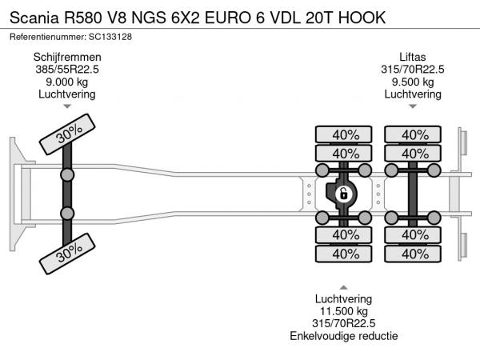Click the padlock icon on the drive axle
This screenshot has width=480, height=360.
point(343,194)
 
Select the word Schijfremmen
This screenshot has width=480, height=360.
point(66,57)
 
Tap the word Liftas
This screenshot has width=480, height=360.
point(414,57)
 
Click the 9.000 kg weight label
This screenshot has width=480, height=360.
point(66,82)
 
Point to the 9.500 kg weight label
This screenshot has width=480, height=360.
point(414,82)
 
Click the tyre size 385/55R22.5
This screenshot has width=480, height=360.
point(66,70)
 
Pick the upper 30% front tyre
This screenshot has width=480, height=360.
point(70,137)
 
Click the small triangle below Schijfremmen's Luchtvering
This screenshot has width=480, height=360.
point(66,106)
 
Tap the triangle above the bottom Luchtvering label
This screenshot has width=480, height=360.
point(343,287)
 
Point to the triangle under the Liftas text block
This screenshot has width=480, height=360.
point(414,106)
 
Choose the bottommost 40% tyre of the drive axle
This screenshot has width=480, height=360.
point(345,254)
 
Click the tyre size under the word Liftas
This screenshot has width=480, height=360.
point(414,70)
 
